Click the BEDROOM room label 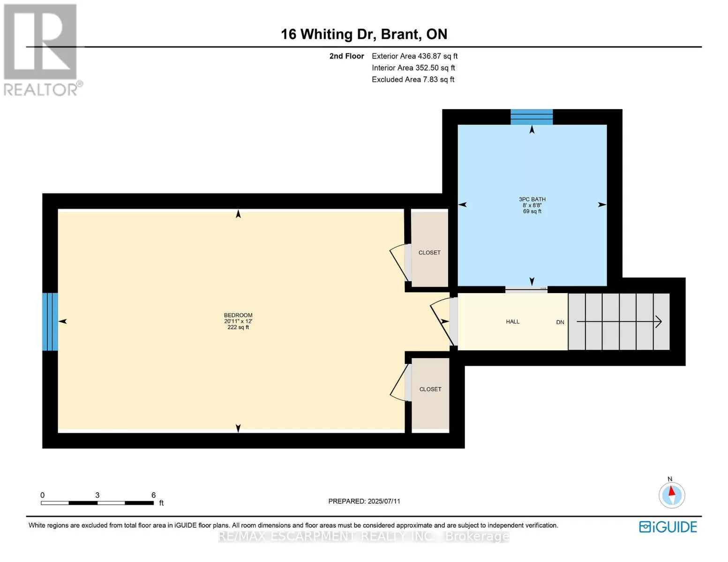pos(238,315)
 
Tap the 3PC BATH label pos(532,199)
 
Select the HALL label pos(512,322)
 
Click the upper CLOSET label pos(429,253)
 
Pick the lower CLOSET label pos(430,389)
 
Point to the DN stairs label pos(560,322)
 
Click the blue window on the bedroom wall pos(50,322)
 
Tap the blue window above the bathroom pos(531,117)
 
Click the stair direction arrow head pos(659,322)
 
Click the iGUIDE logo pos(668,527)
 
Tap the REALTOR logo pos(42,50)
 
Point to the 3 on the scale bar pos(97,495)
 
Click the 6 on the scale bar pos(153,495)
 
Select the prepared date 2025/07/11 pos(384,501)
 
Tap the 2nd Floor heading pos(346,56)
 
